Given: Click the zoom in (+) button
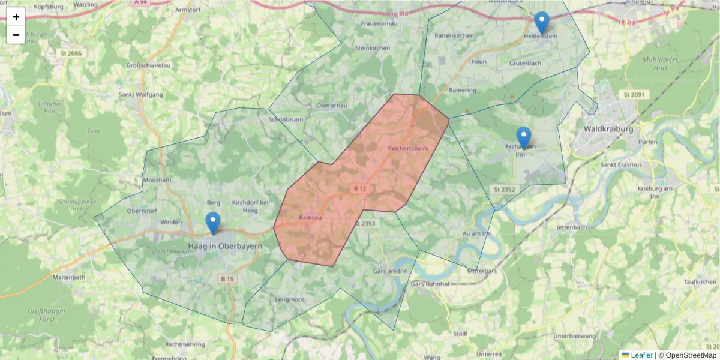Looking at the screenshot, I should click(x=16, y=17).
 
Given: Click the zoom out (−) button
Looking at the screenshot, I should click(x=16, y=35).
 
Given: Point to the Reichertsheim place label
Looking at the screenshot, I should click(x=409, y=148).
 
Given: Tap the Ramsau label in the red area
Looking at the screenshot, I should click(x=310, y=217).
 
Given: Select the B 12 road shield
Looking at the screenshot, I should click(x=360, y=188).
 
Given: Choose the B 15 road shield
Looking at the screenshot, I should click(x=227, y=278).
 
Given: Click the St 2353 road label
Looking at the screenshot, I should click(x=364, y=223).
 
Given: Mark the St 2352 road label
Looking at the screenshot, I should click(x=505, y=189).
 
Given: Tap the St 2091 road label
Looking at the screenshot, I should click(x=633, y=94).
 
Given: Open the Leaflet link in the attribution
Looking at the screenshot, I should click(x=641, y=355).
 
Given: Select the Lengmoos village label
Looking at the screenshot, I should click(x=290, y=299).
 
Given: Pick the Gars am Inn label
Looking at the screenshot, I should click(x=390, y=271).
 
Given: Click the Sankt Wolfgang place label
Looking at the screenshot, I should click(x=140, y=95).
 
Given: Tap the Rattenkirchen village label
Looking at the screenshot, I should click(x=454, y=36).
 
